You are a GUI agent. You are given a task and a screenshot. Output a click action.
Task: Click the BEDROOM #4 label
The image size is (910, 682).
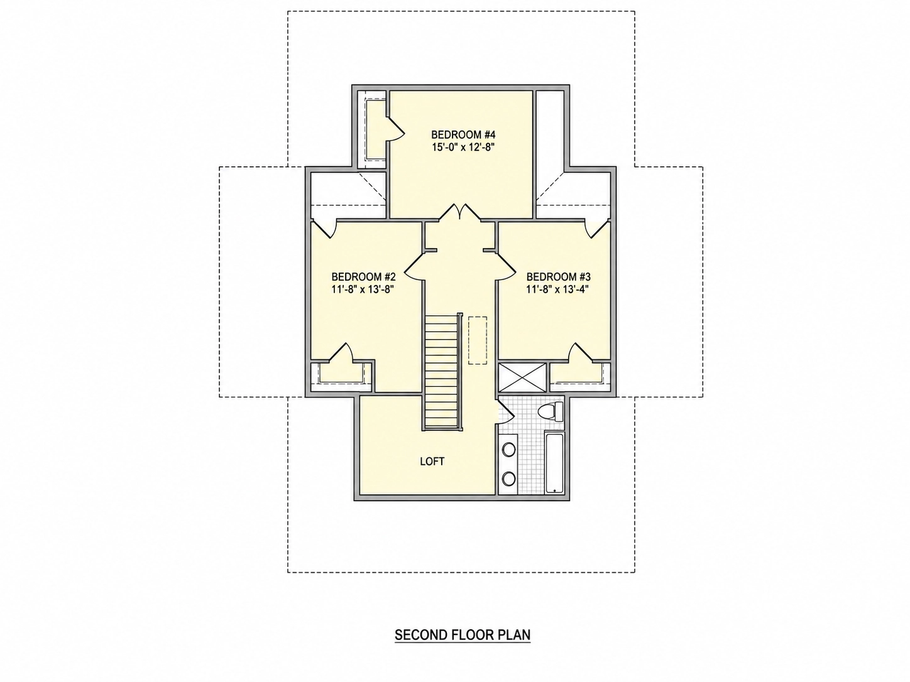[x=463, y=134]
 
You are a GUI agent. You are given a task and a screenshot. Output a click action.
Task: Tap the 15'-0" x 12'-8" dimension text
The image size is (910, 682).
[x=463, y=147]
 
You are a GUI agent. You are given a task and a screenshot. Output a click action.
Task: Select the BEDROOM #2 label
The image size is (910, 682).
[x=364, y=276]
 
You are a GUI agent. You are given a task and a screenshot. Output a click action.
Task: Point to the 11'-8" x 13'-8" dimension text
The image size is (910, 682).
[x=363, y=289]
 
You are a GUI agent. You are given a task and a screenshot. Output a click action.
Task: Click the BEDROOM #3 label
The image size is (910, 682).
[x=558, y=276]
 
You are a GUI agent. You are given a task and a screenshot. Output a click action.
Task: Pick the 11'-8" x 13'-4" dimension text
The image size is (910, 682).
[x=557, y=289]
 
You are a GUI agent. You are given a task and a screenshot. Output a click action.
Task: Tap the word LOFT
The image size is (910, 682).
[x=432, y=462]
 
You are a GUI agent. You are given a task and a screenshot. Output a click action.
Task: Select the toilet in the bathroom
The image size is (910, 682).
[x=551, y=412]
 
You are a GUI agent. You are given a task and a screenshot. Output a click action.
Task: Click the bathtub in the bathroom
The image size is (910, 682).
[x=555, y=463]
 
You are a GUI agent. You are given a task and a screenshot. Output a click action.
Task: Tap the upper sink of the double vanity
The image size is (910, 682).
[x=509, y=449]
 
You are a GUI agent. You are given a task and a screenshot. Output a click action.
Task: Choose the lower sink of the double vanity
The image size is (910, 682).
[x=509, y=479]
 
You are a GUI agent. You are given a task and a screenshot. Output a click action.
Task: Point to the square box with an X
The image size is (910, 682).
[x=522, y=377]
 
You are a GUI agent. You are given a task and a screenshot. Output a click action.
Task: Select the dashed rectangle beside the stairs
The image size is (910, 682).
[x=478, y=340]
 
